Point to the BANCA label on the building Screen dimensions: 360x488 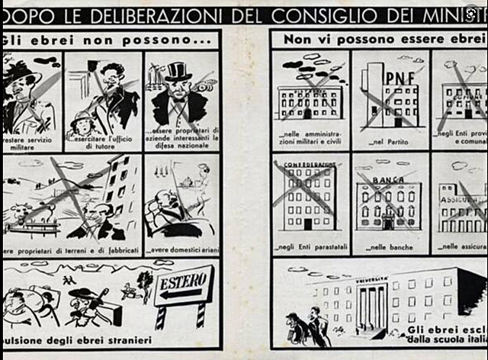[x=387, y=180]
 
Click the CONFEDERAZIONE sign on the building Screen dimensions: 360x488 [x=309, y=165]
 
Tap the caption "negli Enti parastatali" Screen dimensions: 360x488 [x=309, y=248]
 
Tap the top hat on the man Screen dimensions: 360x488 [x=178, y=71]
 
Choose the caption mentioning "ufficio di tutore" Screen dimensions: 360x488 [x=102, y=141]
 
